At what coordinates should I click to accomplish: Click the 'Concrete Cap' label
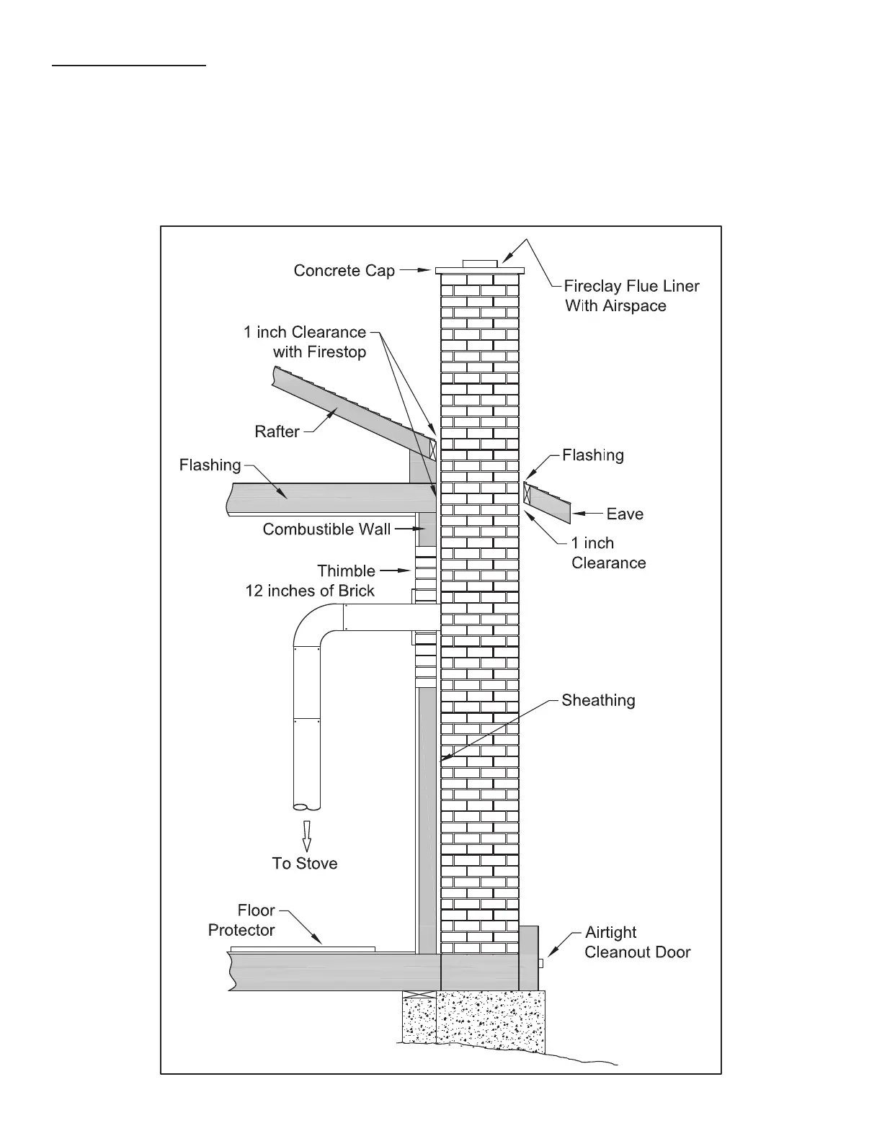pyautogui.click(x=344, y=271)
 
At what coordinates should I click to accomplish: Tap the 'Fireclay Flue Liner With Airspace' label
pyautogui.click(x=631, y=296)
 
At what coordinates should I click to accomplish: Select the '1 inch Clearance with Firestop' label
pyautogui.click(x=306, y=342)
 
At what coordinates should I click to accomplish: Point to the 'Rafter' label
pyautogui.click(x=277, y=431)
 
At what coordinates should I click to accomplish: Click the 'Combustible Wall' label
pyautogui.click(x=326, y=529)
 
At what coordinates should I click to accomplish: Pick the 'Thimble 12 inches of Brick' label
pyautogui.click(x=311, y=581)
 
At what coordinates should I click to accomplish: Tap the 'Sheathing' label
pyautogui.click(x=598, y=700)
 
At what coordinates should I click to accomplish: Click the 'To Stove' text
pyautogui.click(x=305, y=864)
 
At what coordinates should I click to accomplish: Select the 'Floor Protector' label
pyautogui.click(x=242, y=921)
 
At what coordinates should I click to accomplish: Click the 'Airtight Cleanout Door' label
pyautogui.click(x=637, y=942)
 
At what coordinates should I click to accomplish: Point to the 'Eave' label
pyautogui.click(x=625, y=514)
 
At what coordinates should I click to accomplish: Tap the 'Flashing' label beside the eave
pyautogui.click(x=592, y=455)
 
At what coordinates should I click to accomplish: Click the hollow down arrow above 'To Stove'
pyautogui.click(x=307, y=836)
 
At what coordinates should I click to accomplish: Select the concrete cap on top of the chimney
pyautogui.click(x=480, y=270)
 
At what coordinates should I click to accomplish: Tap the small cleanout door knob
pyautogui.click(x=541, y=964)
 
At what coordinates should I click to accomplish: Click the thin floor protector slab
pyautogui.click(x=303, y=949)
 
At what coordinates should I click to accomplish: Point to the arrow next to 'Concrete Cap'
pyautogui.click(x=415, y=271)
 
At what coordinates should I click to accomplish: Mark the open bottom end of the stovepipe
pyautogui.click(x=307, y=806)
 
